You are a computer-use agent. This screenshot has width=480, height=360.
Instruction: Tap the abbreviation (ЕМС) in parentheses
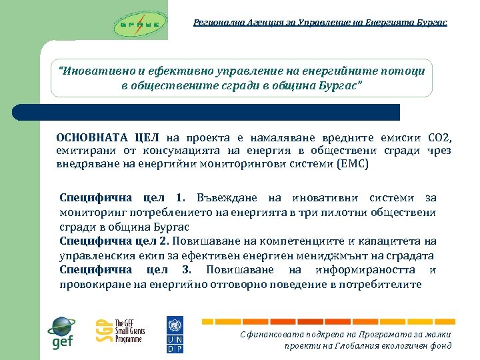click(352, 163)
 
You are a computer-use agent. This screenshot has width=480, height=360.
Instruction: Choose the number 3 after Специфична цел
click(186, 269)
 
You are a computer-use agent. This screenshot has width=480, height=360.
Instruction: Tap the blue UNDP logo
click(175, 334)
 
